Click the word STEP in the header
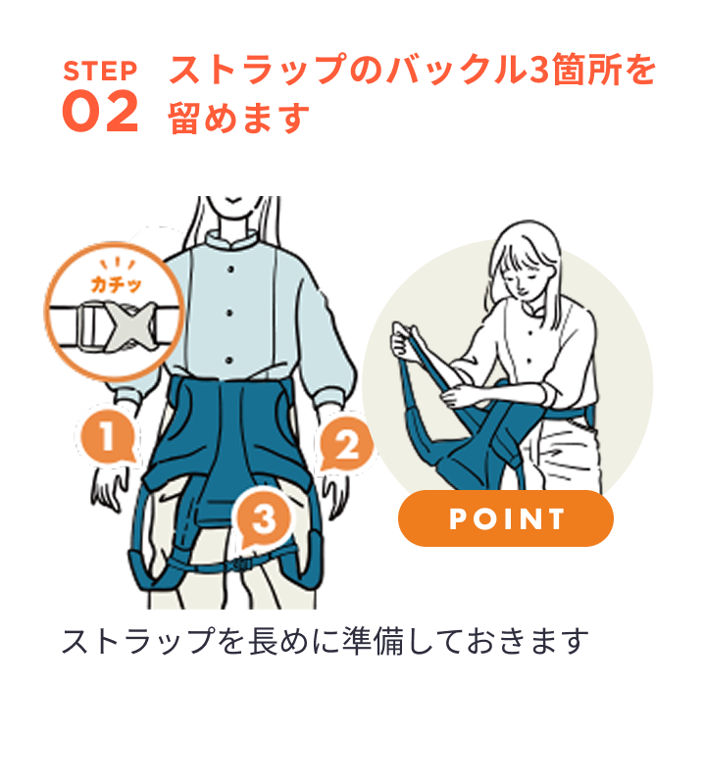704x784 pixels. [99, 71]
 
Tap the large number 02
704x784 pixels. [99, 113]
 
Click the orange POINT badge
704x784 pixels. [505, 518]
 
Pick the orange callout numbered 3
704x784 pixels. [263, 519]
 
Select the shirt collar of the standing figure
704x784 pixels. [231, 240]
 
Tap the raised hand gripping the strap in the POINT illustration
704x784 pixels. [401, 338]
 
